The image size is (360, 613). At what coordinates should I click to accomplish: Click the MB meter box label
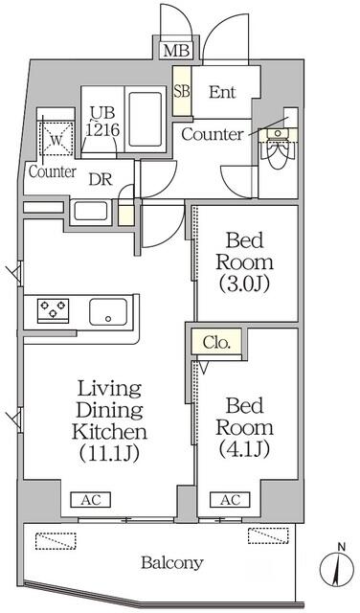pyautogui.click(x=176, y=51)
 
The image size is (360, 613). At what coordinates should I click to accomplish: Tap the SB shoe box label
pyautogui.click(x=182, y=92)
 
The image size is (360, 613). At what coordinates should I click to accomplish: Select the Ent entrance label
pyautogui.click(x=222, y=92)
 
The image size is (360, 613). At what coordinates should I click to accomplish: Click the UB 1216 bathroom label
pyautogui.click(x=102, y=122)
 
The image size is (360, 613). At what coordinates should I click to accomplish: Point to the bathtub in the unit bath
pyautogui.click(x=145, y=119)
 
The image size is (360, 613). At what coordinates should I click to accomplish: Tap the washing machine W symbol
pyautogui.click(x=56, y=140)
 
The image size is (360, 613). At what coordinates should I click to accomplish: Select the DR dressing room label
pyautogui.click(x=101, y=179)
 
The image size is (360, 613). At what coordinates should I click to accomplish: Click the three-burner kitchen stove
pyautogui.click(x=54, y=310)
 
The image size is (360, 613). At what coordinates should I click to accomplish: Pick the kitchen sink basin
pyautogui.click(x=108, y=312)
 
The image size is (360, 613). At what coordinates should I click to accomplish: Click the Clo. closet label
pyautogui.click(x=216, y=343)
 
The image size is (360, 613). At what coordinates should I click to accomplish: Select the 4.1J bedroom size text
pyautogui.click(x=244, y=449)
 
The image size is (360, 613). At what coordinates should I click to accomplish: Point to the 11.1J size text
pyautogui.click(x=109, y=453)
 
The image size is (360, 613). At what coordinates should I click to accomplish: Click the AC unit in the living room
pyautogui.click(x=91, y=500)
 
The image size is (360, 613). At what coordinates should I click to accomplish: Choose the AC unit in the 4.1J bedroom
pyautogui.click(x=230, y=500)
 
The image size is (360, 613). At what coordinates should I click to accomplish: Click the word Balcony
pyautogui.click(x=172, y=563)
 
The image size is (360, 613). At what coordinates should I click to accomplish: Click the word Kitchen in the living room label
pyautogui.click(x=110, y=432)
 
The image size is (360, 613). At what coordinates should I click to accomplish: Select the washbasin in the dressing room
pyautogui.click(x=91, y=211)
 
